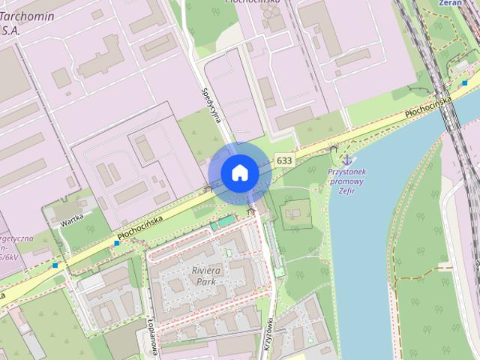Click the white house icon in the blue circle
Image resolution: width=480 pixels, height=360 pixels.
(x=240, y=173)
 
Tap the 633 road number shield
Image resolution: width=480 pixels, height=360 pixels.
(x=284, y=160)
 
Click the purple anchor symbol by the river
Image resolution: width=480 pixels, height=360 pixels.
(x=346, y=159)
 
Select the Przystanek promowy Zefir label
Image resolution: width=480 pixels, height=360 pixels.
(x=351, y=181)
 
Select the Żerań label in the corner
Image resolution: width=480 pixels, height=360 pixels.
(x=450, y=3)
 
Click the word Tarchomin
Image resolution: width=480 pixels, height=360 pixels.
(x=30, y=16)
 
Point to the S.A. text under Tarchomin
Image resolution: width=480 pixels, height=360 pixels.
(x=11, y=31)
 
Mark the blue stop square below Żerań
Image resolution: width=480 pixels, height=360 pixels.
(x=465, y=82)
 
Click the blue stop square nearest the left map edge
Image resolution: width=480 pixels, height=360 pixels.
(x=55, y=265)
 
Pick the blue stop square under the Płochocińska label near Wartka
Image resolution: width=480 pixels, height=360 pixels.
(x=117, y=243)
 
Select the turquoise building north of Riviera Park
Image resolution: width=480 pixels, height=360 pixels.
(x=221, y=223)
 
